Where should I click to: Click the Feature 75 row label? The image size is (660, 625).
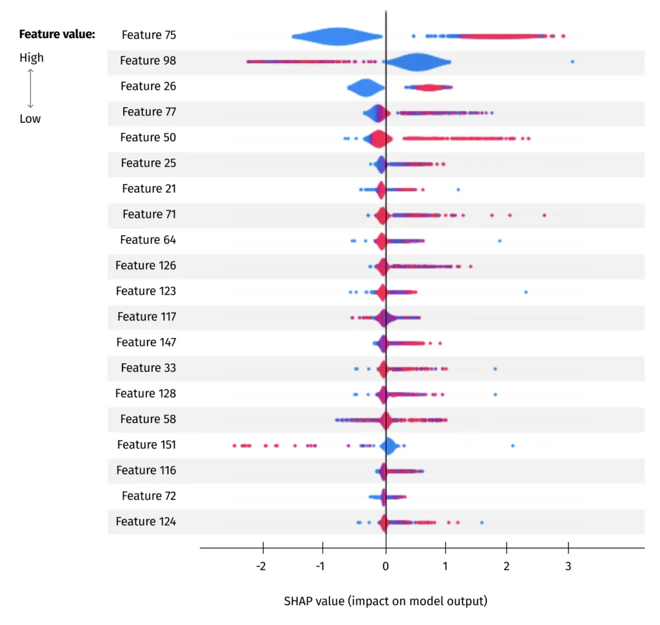point(148,35)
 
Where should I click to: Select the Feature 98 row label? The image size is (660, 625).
point(148,61)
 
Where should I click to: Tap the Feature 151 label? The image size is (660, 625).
point(146,445)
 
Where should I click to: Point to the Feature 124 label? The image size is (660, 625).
point(146,521)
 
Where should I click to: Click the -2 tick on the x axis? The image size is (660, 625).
point(260,567)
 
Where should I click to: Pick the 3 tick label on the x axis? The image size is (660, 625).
point(568,567)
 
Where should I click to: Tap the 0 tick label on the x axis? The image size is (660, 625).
point(385,567)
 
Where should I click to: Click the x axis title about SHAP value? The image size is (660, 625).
point(385,601)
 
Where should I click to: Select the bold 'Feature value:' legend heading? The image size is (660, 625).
point(57,34)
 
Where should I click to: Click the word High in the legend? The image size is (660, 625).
point(32,57)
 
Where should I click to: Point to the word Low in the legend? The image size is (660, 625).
point(30,118)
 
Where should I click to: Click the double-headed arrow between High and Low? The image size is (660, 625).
point(30,88)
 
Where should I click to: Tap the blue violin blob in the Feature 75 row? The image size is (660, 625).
point(336,37)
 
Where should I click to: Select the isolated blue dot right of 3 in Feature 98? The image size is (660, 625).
point(572,62)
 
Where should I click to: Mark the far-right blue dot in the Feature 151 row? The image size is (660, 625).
point(512,445)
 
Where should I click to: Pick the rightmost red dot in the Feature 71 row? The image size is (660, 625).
point(544,215)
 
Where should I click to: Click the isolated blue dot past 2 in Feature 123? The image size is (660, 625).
point(525,292)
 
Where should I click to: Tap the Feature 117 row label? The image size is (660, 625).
point(146,317)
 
